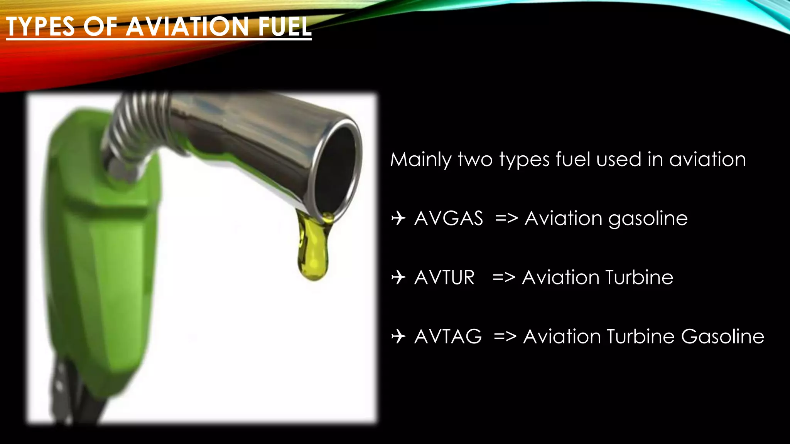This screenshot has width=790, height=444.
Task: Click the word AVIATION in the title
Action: [x=187, y=27]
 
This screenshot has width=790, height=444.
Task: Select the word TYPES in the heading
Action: [x=41, y=27]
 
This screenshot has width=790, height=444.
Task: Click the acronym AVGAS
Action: [x=449, y=219]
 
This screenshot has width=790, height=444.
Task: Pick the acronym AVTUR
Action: [x=444, y=277]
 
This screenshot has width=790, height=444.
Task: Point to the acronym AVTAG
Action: [x=448, y=336]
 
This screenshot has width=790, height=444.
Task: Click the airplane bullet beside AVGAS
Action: [x=398, y=219]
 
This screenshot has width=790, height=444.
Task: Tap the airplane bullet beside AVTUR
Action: [x=398, y=277]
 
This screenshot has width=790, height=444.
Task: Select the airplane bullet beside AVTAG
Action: [x=398, y=336]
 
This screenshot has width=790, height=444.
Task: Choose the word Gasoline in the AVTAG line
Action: [x=722, y=336]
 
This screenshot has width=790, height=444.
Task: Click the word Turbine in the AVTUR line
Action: [x=639, y=277]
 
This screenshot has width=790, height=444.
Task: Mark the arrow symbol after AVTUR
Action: [x=504, y=277]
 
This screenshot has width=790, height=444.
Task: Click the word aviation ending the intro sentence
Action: [x=707, y=160]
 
